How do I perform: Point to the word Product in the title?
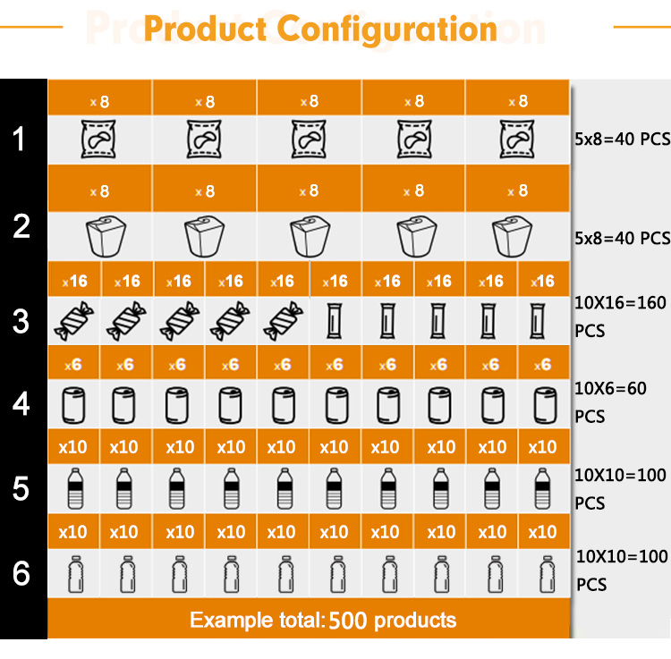(x=206, y=29)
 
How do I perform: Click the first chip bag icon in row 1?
(x=99, y=140)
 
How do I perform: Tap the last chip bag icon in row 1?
(x=518, y=140)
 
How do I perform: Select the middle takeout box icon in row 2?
(x=309, y=235)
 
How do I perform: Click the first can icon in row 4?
(x=72, y=407)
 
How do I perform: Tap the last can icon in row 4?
(x=543, y=407)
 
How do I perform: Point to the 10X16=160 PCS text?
(x=620, y=317)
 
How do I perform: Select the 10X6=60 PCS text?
(x=617, y=402)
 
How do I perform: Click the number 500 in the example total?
(x=347, y=621)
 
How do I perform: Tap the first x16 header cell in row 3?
(x=74, y=281)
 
